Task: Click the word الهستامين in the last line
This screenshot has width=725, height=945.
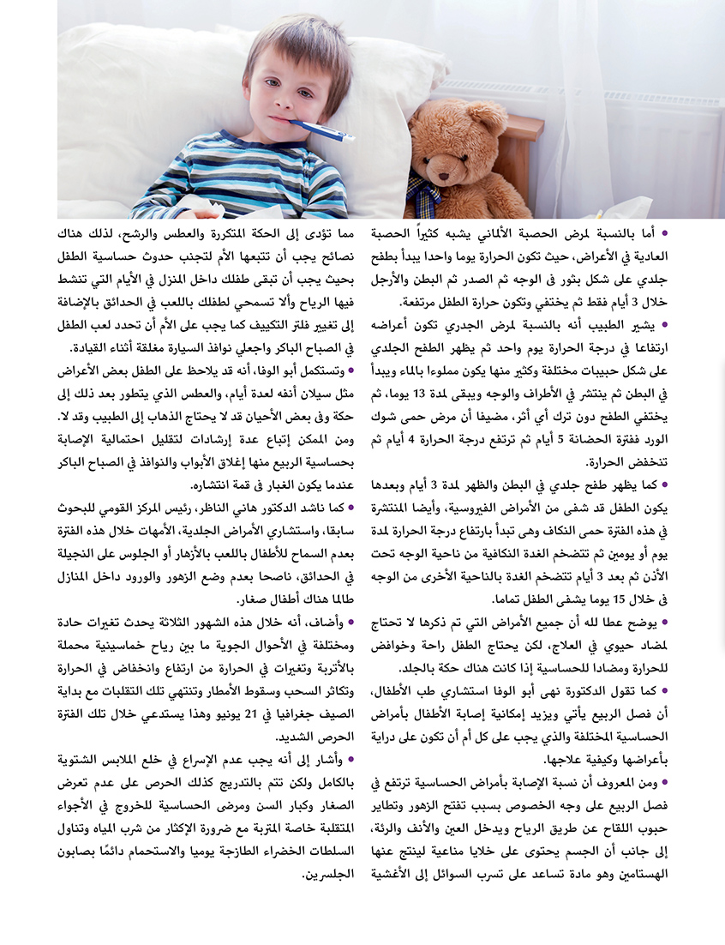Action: [635, 876]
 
